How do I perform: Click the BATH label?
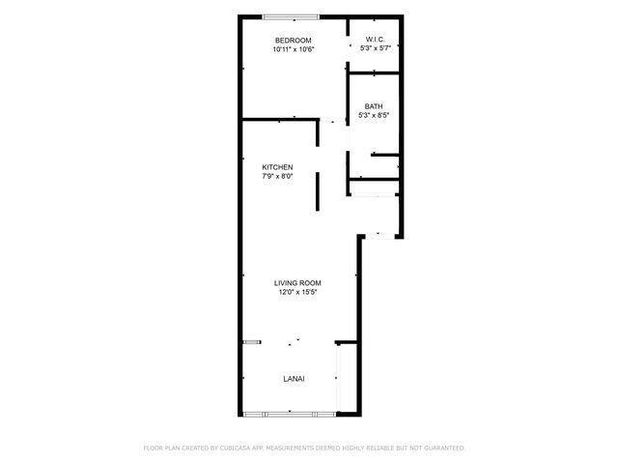click(x=373, y=106)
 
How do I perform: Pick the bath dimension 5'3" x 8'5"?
click(x=373, y=116)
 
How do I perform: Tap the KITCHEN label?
click(x=277, y=167)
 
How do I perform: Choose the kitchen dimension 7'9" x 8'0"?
click(x=277, y=177)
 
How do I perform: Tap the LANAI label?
click(x=294, y=379)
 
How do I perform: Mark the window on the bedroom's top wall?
click(x=293, y=16)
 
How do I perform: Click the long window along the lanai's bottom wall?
click(x=290, y=415)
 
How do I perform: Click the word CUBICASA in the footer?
click(x=261, y=449)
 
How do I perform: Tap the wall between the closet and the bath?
click(x=375, y=73)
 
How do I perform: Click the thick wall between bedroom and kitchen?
click(x=279, y=120)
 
